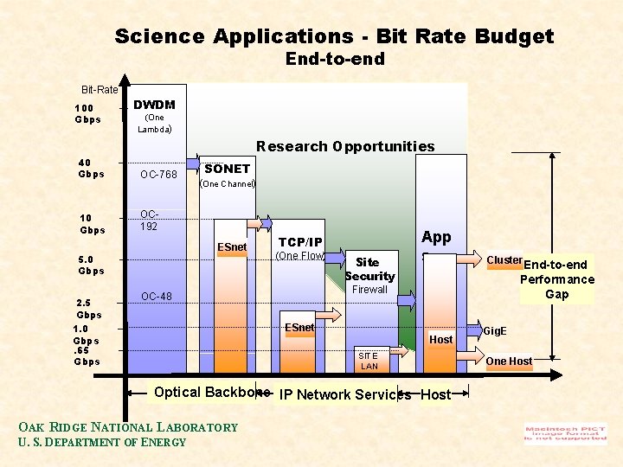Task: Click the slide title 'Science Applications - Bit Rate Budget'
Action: (x=334, y=36)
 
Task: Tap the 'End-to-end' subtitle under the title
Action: (x=335, y=60)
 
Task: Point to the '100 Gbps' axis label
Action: (x=87, y=113)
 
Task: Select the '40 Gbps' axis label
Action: (x=91, y=168)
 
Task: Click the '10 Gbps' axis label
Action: (x=92, y=223)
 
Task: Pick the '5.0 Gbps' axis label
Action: (x=90, y=265)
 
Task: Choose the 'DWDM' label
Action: (x=154, y=105)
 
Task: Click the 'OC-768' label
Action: (x=158, y=175)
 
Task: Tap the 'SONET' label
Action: (x=228, y=169)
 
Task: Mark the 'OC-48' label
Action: (x=157, y=297)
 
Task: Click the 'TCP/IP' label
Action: (x=300, y=242)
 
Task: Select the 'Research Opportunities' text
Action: (x=345, y=146)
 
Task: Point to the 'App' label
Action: (x=436, y=237)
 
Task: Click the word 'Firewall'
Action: (x=369, y=290)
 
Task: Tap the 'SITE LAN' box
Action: (x=369, y=361)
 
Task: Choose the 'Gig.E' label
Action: (x=496, y=330)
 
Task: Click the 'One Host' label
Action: (x=509, y=361)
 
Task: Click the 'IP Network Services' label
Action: (x=345, y=394)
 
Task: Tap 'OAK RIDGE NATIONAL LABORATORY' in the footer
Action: (x=127, y=426)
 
